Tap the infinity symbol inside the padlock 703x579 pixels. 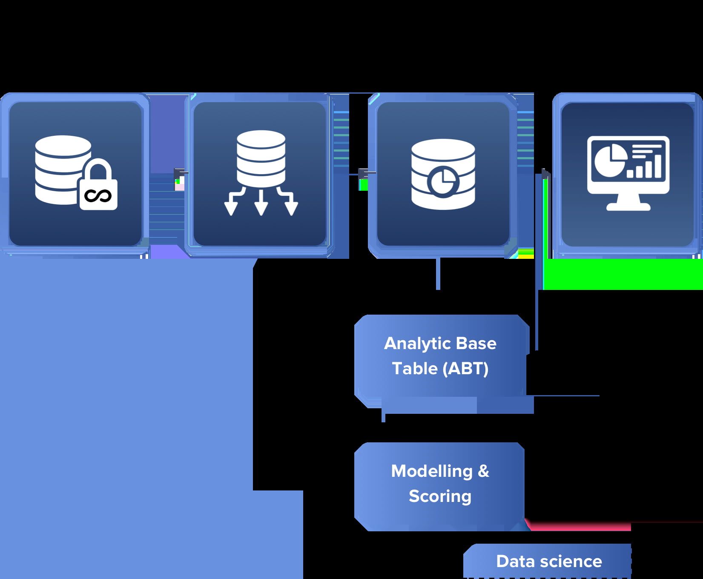click(98, 196)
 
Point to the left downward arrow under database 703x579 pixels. click(231, 204)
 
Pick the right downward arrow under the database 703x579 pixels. click(291, 204)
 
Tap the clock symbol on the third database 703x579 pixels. click(443, 182)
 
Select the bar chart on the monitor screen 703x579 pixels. click(644, 167)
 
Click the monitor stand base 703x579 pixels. click(628, 206)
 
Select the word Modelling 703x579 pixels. click(432, 471)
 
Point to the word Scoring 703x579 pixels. click(440, 496)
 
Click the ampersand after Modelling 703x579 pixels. click(483, 471)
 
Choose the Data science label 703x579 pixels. click(549, 561)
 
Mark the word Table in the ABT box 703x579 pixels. click(415, 369)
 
